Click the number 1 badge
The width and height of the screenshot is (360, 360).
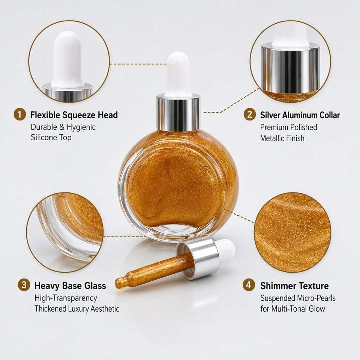(20, 114)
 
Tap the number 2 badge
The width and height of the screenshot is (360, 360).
(250, 114)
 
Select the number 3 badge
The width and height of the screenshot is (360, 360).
(24, 285)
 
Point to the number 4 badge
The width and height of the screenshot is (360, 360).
(249, 285)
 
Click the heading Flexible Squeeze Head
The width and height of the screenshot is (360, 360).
(74, 115)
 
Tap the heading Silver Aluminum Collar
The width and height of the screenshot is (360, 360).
(300, 115)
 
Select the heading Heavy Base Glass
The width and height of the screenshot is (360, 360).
(70, 286)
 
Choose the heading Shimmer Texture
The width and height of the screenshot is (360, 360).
(294, 286)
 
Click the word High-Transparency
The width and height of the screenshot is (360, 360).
(66, 298)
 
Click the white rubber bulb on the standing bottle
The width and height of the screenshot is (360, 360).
(178, 73)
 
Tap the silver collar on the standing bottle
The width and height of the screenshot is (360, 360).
(178, 112)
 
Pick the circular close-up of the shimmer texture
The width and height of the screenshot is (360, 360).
(292, 232)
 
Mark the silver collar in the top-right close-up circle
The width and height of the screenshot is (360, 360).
(290, 68)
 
